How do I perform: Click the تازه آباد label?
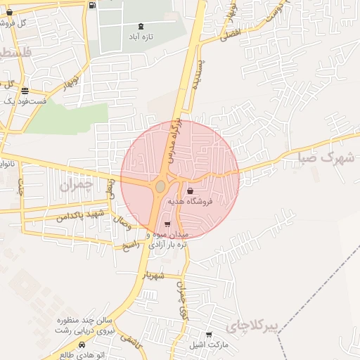click(x=141, y=36)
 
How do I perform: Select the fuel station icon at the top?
click(x=93, y=5)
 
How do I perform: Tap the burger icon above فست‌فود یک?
click(x=25, y=91)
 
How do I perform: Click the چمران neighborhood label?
click(x=77, y=186)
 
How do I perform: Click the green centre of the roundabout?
click(x=160, y=186)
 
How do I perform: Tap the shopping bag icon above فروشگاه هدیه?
click(x=191, y=191)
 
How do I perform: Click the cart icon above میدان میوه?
click(x=167, y=224)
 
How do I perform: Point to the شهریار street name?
click(x=153, y=275)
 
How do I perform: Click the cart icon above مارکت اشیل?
click(x=209, y=335)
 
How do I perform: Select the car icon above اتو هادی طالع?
click(x=83, y=345)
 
